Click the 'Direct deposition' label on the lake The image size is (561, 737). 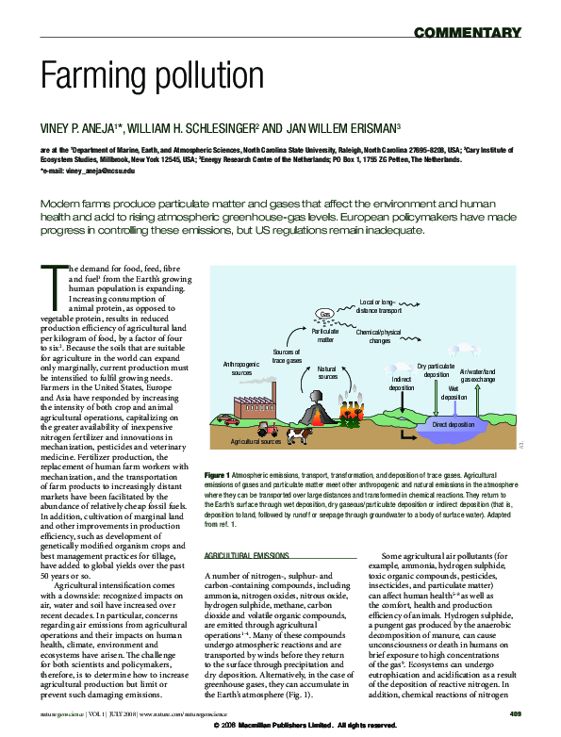click(454, 425)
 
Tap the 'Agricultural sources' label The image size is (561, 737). click(256, 441)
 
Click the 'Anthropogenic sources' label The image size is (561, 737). click(241, 368)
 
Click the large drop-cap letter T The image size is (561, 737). click(51, 280)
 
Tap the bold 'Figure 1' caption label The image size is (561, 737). click(217, 473)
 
